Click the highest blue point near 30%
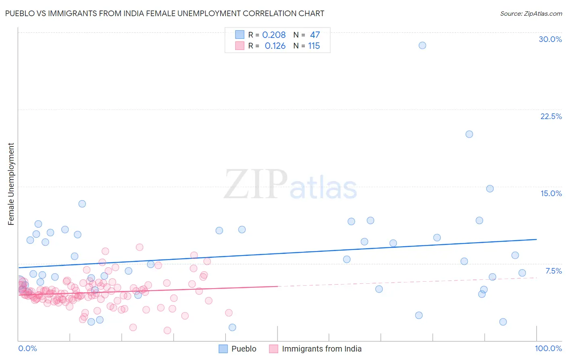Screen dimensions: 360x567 coord(422,45)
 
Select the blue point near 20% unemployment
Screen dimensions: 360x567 coord(469,134)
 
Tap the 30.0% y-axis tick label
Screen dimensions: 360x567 coord(550,39)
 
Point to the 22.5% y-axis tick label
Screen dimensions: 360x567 coord(551,116)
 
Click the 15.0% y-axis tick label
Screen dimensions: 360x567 coord(551,193)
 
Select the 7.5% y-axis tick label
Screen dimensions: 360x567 coord(553,271)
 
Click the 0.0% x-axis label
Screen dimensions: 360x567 coord(27,348)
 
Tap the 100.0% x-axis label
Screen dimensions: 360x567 coord(548,348)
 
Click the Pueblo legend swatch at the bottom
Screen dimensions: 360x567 coord(223,349)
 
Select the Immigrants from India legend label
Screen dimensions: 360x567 coord(321,349)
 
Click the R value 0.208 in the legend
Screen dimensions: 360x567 coord(274,35)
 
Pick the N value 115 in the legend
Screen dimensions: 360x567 coord(314,46)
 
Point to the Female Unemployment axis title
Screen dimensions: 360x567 coord(11,184)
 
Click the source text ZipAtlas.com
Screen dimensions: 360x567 coord(531,13)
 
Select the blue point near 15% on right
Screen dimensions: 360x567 coord(490,188)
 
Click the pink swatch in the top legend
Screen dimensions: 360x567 coord(240,46)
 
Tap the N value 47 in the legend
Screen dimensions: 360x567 coord(315,35)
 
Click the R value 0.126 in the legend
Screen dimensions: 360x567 coord(275,46)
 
